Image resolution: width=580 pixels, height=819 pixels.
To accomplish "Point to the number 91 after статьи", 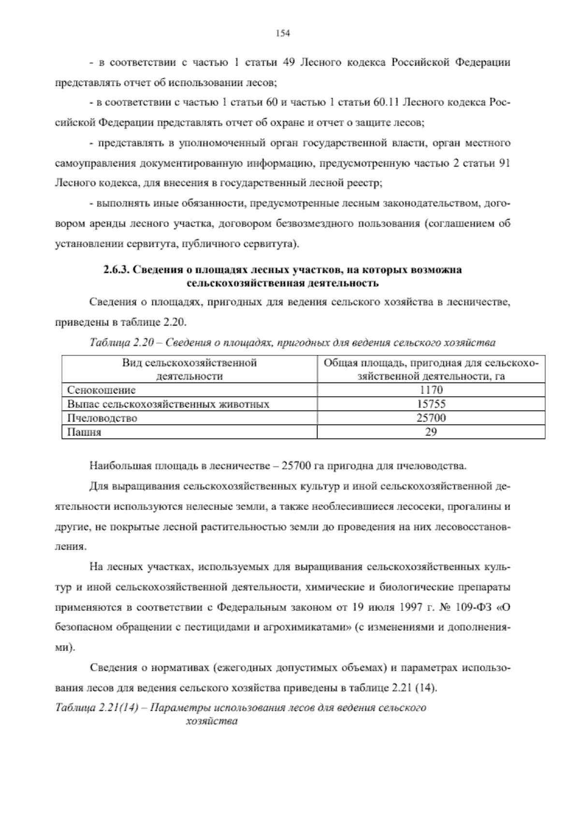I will [504, 163].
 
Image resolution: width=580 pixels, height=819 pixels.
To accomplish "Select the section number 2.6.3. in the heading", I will [116, 270].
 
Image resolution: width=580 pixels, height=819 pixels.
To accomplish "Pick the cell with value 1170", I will [431, 390].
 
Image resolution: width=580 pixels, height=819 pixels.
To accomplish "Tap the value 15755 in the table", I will [431, 404].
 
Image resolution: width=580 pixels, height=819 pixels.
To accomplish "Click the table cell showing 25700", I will [431, 418].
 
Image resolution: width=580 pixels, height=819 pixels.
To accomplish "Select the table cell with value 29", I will [431, 432].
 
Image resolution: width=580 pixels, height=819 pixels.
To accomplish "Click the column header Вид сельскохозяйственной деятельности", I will [189, 369].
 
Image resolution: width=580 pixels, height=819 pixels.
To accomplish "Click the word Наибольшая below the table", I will [119, 466].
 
